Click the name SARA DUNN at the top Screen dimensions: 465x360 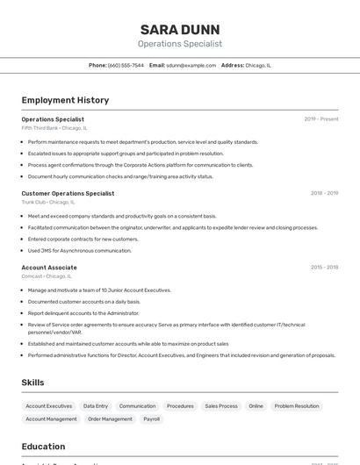point(180,29)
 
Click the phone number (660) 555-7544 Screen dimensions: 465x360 point(126,65)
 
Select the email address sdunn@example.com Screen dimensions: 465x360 point(191,65)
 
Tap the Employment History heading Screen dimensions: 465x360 point(65,100)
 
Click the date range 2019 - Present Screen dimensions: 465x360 point(321,118)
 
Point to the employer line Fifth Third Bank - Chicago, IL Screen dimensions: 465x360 point(54,128)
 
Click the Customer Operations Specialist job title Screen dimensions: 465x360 point(68,193)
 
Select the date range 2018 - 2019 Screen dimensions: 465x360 point(324,193)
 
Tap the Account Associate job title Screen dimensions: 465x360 point(49,268)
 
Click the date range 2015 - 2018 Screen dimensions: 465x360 point(324,268)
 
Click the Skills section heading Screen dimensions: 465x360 point(33,383)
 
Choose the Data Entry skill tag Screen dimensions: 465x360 point(96,406)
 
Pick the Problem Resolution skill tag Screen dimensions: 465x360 point(297,406)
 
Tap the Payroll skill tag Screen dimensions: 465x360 point(152,419)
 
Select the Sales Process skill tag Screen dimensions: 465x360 point(221,406)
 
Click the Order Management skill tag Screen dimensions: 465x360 point(110,419)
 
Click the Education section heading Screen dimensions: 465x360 point(43,447)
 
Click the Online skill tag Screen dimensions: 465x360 point(256,406)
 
